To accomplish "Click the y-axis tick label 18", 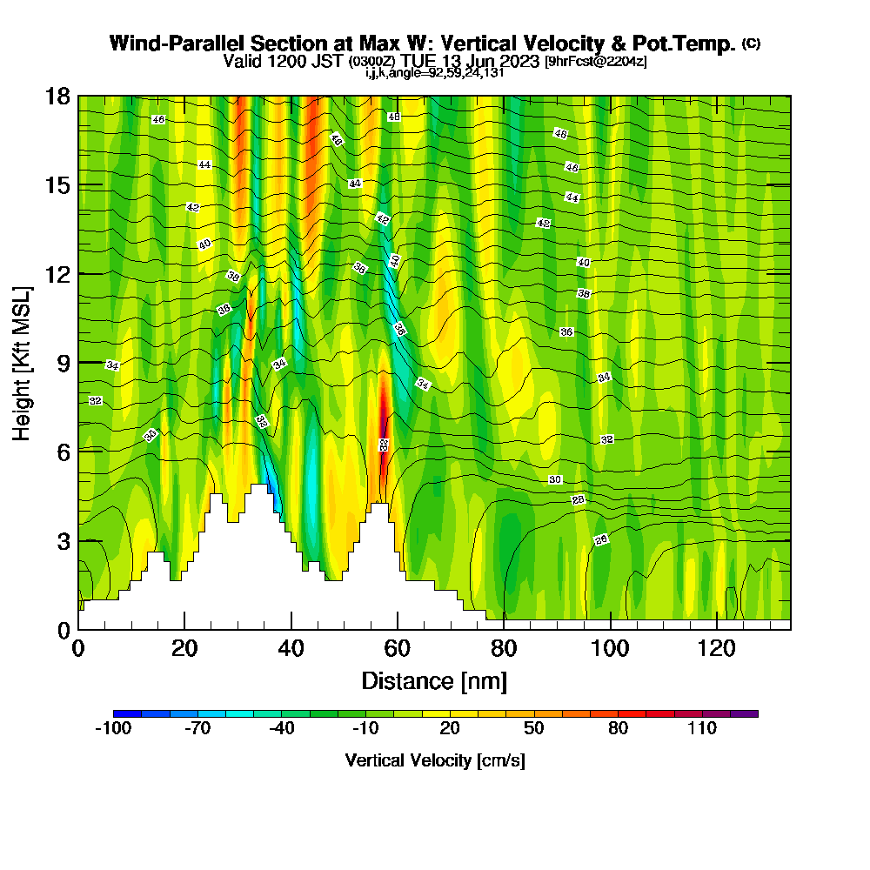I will coord(58,96).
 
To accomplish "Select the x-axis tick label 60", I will coord(398,648).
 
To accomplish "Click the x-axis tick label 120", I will coord(717,648).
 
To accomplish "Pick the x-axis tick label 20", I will coord(184,648).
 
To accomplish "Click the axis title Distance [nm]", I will coord(434,680).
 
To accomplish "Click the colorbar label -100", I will coord(112,728).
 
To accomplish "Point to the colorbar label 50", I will coord(534,728).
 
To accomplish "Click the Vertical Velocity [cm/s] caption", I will coord(435,760).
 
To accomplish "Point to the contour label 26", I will coord(600,540).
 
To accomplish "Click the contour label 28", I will coord(578,499).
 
